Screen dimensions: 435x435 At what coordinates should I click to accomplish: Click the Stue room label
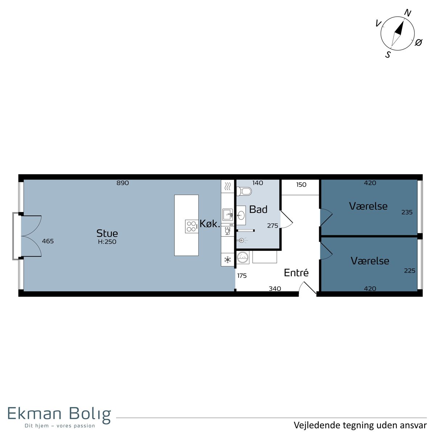click(107, 233)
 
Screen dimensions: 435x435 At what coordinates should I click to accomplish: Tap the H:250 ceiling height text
click(107, 242)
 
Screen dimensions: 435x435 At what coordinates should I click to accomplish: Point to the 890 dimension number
click(123, 183)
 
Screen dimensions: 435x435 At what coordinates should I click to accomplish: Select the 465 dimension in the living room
click(48, 241)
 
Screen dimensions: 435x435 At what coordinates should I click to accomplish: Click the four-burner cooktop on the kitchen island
click(191, 227)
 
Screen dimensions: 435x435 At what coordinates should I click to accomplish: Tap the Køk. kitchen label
click(210, 224)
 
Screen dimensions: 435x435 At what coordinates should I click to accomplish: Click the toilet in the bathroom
click(244, 191)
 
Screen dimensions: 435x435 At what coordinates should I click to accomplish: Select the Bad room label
click(258, 210)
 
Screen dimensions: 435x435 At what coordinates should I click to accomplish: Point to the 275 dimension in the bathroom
click(273, 226)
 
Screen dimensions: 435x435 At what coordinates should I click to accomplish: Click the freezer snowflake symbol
click(228, 260)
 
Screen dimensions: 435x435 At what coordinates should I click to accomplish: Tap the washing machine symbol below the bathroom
click(243, 257)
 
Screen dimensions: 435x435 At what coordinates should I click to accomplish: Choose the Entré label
click(296, 273)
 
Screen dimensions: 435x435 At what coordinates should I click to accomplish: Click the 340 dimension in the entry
click(275, 289)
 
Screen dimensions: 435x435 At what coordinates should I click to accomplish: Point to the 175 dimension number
click(242, 275)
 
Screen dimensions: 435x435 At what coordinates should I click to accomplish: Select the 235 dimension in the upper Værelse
click(407, 212)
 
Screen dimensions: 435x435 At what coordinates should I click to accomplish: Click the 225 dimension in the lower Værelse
click(410, 271)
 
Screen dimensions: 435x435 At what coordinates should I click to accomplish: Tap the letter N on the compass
click(407, 13)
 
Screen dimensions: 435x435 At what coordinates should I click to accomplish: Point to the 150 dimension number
click(301, 185)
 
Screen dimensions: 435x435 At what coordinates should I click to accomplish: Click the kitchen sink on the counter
click(228, 214)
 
